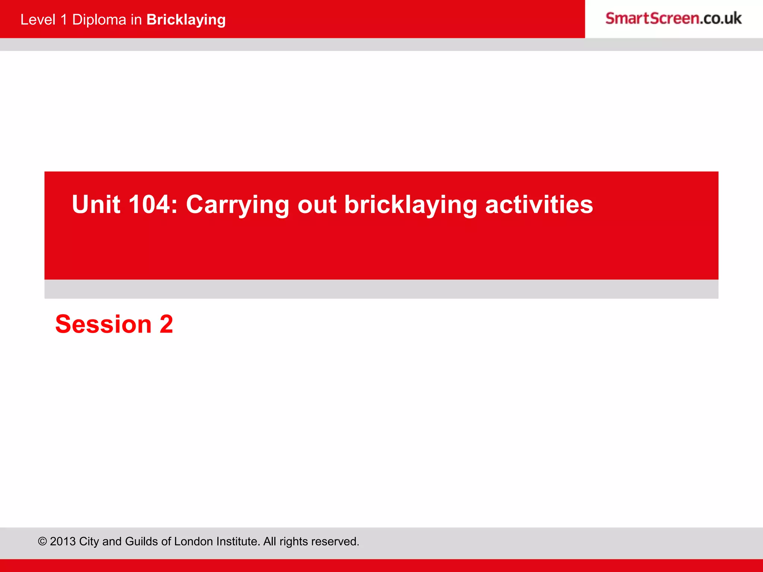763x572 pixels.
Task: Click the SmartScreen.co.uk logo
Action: (673, 18)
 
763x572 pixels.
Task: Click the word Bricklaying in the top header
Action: (186, 20)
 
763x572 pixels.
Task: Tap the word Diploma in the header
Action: (99, 20)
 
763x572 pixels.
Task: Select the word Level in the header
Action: (38, 20)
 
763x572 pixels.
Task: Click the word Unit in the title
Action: (96, 204)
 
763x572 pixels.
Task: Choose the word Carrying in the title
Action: (237, 205)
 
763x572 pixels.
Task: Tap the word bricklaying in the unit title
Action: (410, 205)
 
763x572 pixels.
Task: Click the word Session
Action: (103, 324)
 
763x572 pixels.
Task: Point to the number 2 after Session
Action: (166, 324)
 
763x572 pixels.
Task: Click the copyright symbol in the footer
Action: (42, 541)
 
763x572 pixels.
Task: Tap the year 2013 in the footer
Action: (63, 541)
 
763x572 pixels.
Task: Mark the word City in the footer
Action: (89, 541)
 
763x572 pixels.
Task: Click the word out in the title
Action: (317, 204)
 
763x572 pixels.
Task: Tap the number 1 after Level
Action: (64, 20)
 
